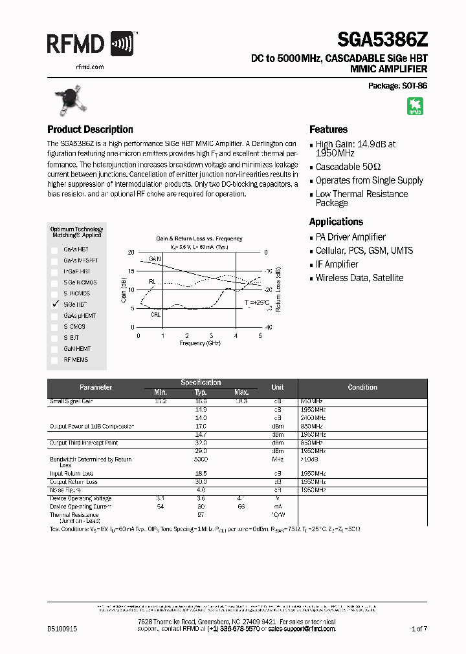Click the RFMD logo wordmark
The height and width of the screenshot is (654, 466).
(x=76, y=44)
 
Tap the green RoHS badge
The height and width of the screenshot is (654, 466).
(x=415, y=106)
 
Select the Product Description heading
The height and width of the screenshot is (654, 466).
(x=90, y=129)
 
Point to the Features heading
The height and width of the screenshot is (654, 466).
(x=328, y=129)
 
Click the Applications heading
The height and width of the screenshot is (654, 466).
(x=336, y=222)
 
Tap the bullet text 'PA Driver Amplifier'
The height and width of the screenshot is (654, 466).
(x=350, y=237)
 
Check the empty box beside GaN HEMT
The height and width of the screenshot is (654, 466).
(x=54, y=348)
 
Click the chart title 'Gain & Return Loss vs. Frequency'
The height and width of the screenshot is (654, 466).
(x=199, y=238)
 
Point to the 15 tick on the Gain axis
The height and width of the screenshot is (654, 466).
(x=131, y=271)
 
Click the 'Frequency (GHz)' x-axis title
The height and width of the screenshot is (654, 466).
(x=199, y=343)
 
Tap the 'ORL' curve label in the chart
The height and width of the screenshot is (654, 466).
(x=155, y=315)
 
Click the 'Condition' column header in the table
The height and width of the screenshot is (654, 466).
(x=362, y=387)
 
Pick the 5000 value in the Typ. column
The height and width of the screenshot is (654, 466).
(x=201, y=459)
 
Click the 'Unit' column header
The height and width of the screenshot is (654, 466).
(x=277, y=387)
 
